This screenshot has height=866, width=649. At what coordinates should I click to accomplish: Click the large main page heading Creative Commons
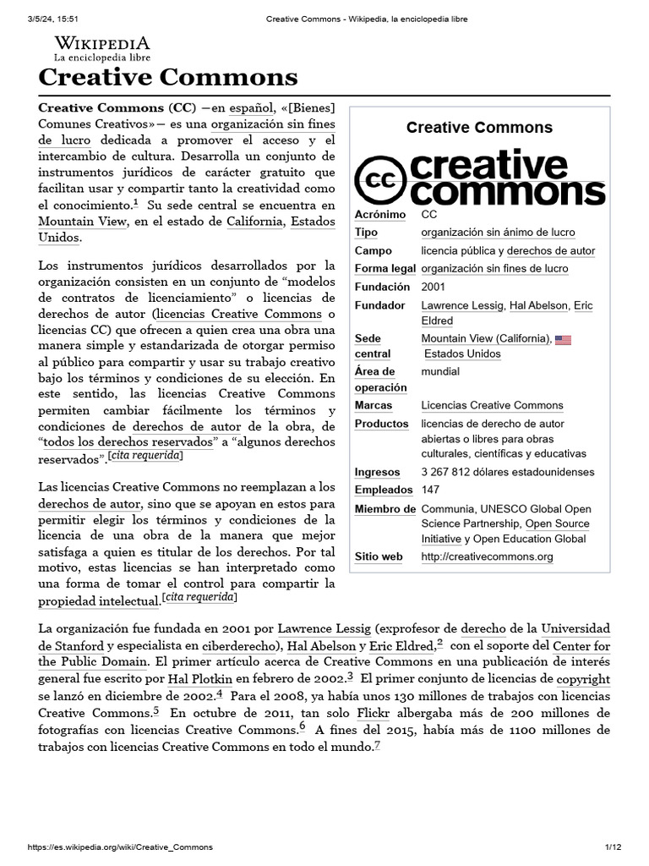(x=168, y=78)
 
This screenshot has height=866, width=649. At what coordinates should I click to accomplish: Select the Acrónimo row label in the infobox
(x=379, y=215)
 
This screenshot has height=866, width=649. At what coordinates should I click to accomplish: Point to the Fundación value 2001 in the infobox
(x=434, y=287)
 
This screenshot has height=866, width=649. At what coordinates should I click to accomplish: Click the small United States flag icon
(x=563, y=340)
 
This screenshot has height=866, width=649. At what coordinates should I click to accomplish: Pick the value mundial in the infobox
(x=440, y=371)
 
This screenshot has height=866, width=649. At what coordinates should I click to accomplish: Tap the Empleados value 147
(x=430, y=490)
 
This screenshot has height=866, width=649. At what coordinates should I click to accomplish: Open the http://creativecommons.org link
(x=487, y=556)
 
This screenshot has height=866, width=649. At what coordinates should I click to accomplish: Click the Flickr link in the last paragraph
(x=373, y=712)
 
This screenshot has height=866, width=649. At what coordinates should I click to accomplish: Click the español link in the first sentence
(x=253, y=107)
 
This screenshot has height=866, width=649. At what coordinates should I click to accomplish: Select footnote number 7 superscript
(x=378, y=744)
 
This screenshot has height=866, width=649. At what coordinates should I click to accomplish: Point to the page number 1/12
(x=613, y=847)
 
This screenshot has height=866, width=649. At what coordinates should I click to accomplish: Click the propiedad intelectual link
(x=99, y=600)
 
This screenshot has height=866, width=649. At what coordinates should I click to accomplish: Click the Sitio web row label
(x=379, y=556)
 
